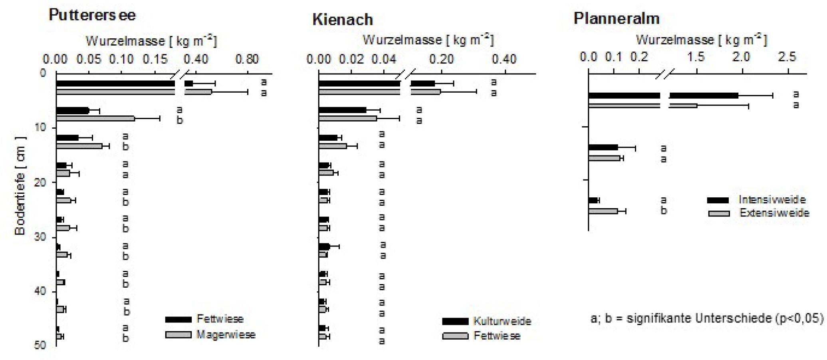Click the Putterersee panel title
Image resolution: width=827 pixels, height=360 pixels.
click(x=92, y=15)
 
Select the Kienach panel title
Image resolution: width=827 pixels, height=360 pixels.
click(x=343, y=19)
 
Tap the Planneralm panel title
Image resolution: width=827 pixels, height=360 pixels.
click(x=617, y=18)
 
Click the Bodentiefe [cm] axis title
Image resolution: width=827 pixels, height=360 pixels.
click(x=20, y=186)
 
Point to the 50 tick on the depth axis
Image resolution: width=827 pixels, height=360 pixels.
click(x=41, y=345)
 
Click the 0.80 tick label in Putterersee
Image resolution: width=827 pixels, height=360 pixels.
click(x=247, y=59)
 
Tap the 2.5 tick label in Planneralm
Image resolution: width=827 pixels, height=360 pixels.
click(x=787, y=57)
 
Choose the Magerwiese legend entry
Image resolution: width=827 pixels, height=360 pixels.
click(x=210, y=334)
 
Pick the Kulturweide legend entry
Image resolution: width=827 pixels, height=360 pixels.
click(x=487, y=321)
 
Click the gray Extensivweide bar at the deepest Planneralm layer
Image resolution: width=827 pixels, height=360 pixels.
click(x=603, y=211)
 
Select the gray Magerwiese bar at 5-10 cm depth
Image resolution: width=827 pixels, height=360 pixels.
click(x=95, y=119)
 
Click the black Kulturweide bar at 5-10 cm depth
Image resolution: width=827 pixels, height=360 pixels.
click(x=343, y=110)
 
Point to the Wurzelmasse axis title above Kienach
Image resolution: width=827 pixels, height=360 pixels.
click(x=428, y=40)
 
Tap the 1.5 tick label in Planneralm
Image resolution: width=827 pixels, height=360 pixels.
click(x=696, y=57)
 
